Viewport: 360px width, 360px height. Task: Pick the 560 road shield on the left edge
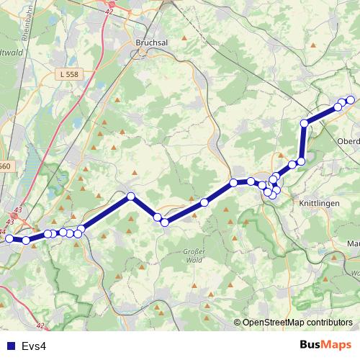[5, 166]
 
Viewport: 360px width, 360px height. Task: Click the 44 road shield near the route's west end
[4, 231]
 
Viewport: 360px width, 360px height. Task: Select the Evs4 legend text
[34, 346]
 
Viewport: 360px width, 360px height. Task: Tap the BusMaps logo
[325, 345]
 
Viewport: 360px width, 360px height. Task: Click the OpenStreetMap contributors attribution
[297, 323]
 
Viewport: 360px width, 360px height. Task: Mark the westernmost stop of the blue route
[9, 238]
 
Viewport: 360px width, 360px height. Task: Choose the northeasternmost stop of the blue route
[351, 100]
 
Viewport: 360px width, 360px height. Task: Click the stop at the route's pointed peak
[131, 196]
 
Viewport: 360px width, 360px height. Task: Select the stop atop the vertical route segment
[305, 124]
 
